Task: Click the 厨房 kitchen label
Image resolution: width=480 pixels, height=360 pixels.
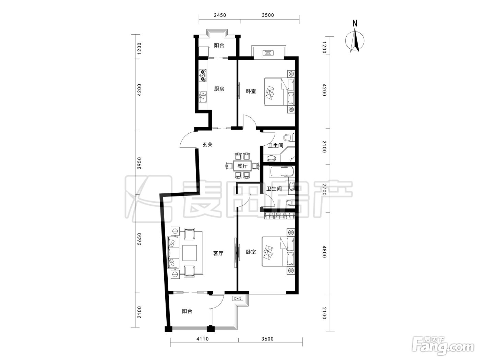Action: (x=219, y=89)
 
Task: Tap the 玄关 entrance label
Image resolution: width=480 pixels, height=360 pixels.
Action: (x=207, y=144)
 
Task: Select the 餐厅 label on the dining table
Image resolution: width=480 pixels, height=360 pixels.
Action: (x=242, y=166)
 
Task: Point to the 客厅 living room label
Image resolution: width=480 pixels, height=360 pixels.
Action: (x=218, y=253)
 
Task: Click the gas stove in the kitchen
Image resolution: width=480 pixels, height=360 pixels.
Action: (x=50, y=75)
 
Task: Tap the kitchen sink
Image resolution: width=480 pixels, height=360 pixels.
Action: (x=50, y=97)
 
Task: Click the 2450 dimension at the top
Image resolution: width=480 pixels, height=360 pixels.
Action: (x=220, y=15)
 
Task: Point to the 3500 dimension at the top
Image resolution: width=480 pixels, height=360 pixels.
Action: (x=268, y=15)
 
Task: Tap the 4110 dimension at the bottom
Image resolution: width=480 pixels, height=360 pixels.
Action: (x=203, y=339)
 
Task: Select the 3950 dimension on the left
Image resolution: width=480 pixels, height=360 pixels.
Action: (x=139, y=163)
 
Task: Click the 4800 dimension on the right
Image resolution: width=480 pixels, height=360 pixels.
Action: (x=324, y=252)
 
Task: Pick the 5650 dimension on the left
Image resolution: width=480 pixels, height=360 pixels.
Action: (x=139, y=239)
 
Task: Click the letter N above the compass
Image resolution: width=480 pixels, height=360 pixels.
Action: (x=355, y=23)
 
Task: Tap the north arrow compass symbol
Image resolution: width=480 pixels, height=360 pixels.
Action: (x=355, y=41)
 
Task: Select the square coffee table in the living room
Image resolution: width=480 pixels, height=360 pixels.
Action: (x=190, y=253)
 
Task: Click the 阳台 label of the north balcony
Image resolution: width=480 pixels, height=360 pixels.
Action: (x=219, y=46)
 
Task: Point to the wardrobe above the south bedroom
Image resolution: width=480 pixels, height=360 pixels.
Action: (x=279, y=216)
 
